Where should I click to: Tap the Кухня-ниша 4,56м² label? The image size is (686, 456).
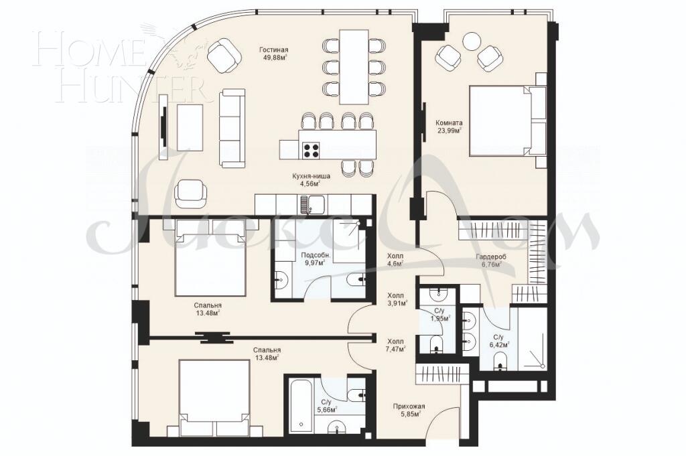310,179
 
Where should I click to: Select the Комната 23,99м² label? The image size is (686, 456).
449,127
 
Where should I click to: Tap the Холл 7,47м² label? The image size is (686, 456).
396,345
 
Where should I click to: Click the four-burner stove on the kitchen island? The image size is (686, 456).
312,151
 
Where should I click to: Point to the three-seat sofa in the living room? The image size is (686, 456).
232,128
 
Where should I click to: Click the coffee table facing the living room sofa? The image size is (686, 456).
190,127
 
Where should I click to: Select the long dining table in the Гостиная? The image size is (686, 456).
354,66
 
